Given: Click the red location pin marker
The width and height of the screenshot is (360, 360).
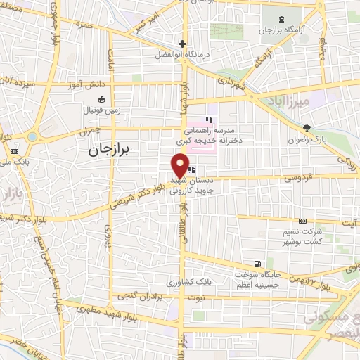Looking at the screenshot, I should tap(180, 166).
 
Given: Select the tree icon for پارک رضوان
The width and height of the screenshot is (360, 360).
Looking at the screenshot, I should tap(306, 127).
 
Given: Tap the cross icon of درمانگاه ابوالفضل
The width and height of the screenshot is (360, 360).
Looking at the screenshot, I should tap(181, 42).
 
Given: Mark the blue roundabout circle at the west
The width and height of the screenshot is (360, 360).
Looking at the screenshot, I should tap(32, 136).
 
